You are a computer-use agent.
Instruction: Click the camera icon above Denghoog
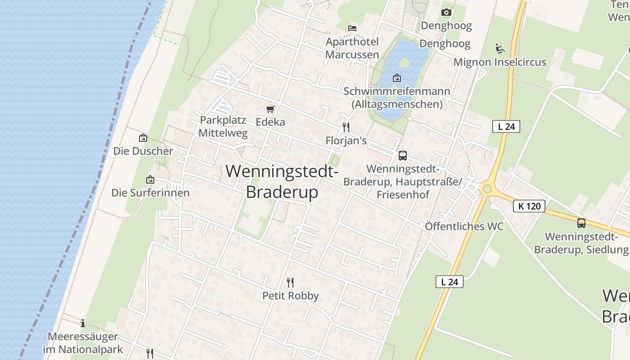[x=446, y=12]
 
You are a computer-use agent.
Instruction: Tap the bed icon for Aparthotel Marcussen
[x=352, y=28]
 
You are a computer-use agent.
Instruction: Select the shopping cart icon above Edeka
[x=270, y=109]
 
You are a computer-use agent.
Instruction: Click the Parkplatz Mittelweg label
[x=223, y=126]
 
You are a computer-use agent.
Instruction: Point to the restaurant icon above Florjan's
[x=346, y=127]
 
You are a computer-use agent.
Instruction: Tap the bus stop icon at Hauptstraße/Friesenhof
[x=402, y=156]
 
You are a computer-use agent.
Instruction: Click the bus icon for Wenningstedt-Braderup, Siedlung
[x=581, y=223]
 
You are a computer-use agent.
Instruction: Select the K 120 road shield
[x=529, y=206]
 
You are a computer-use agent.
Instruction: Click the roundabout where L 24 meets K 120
[x=486, y=189]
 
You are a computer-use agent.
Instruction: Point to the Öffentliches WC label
[x=464, y=226]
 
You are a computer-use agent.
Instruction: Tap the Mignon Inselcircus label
[x=499, y=62]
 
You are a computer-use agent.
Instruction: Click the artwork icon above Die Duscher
[x=143, y=138]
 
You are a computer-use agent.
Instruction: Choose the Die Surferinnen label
[x=150, y=193]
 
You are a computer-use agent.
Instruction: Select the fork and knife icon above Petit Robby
[x=290, y=283]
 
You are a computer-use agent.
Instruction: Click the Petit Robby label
[x=290, y=296]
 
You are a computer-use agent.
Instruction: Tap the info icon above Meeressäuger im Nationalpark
[x=83, y=323]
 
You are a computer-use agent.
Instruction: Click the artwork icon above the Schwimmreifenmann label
[x=396, y=78]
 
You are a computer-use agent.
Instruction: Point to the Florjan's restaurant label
[x=346, y=141]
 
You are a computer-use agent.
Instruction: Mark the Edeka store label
[x=270, y=122]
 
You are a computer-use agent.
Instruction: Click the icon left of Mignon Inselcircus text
[x=499, y=48]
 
